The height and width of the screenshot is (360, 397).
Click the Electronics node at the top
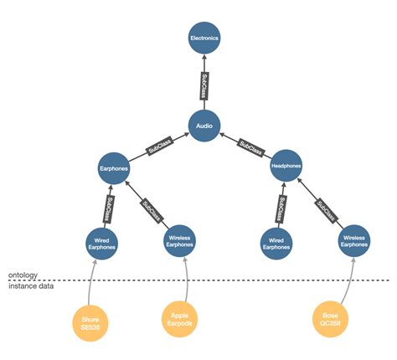(204, 39)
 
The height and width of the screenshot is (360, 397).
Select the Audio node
(204, 126)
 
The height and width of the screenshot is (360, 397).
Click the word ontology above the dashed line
(25, 275)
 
